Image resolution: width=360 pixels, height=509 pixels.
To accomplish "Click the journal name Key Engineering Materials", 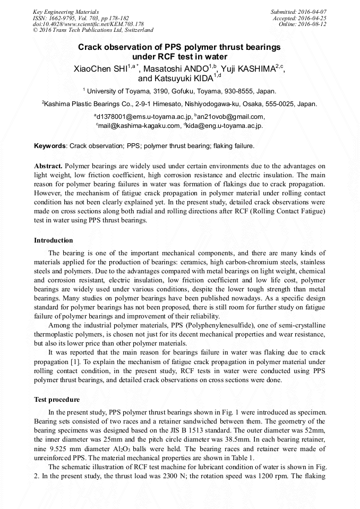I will pos(65,12).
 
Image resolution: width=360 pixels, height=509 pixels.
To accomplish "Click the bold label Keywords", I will pos(50,145).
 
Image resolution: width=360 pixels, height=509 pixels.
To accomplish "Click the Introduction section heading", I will pos(54,240).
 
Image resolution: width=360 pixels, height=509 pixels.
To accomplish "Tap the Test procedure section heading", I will pos(57,400).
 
